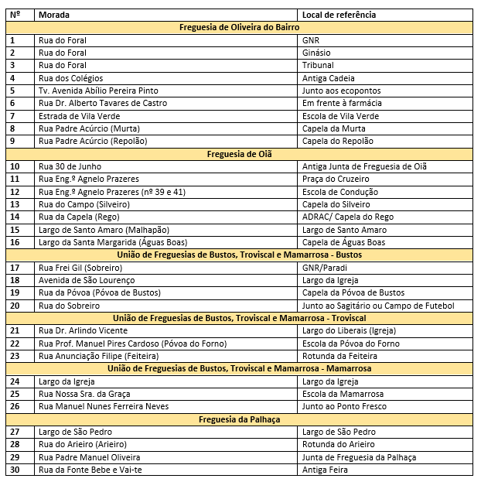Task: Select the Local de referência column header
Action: click(x=339, y=15)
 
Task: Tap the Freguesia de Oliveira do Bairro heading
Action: click(x=239, y=27)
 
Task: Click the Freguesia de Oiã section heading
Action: click(x=239, y=154)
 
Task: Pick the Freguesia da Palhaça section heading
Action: click(x=239, y=419)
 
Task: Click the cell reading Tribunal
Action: click(x=318, y=65)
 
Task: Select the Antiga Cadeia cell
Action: click(x=328, y=78)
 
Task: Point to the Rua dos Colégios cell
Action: click(x=68, y=78)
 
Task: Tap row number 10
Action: click(x=15, y=166)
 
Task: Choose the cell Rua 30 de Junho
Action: click(x=69, y=166)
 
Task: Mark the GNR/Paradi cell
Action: click(x=326, y=268)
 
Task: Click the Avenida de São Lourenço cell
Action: click(x=86, y=280)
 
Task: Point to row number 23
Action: click(x=15, y=356)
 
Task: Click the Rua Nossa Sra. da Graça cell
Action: click(x=89, y=394)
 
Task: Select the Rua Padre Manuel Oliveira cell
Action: click(x=89, y=457)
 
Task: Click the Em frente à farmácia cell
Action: click(x=341, y=103)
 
